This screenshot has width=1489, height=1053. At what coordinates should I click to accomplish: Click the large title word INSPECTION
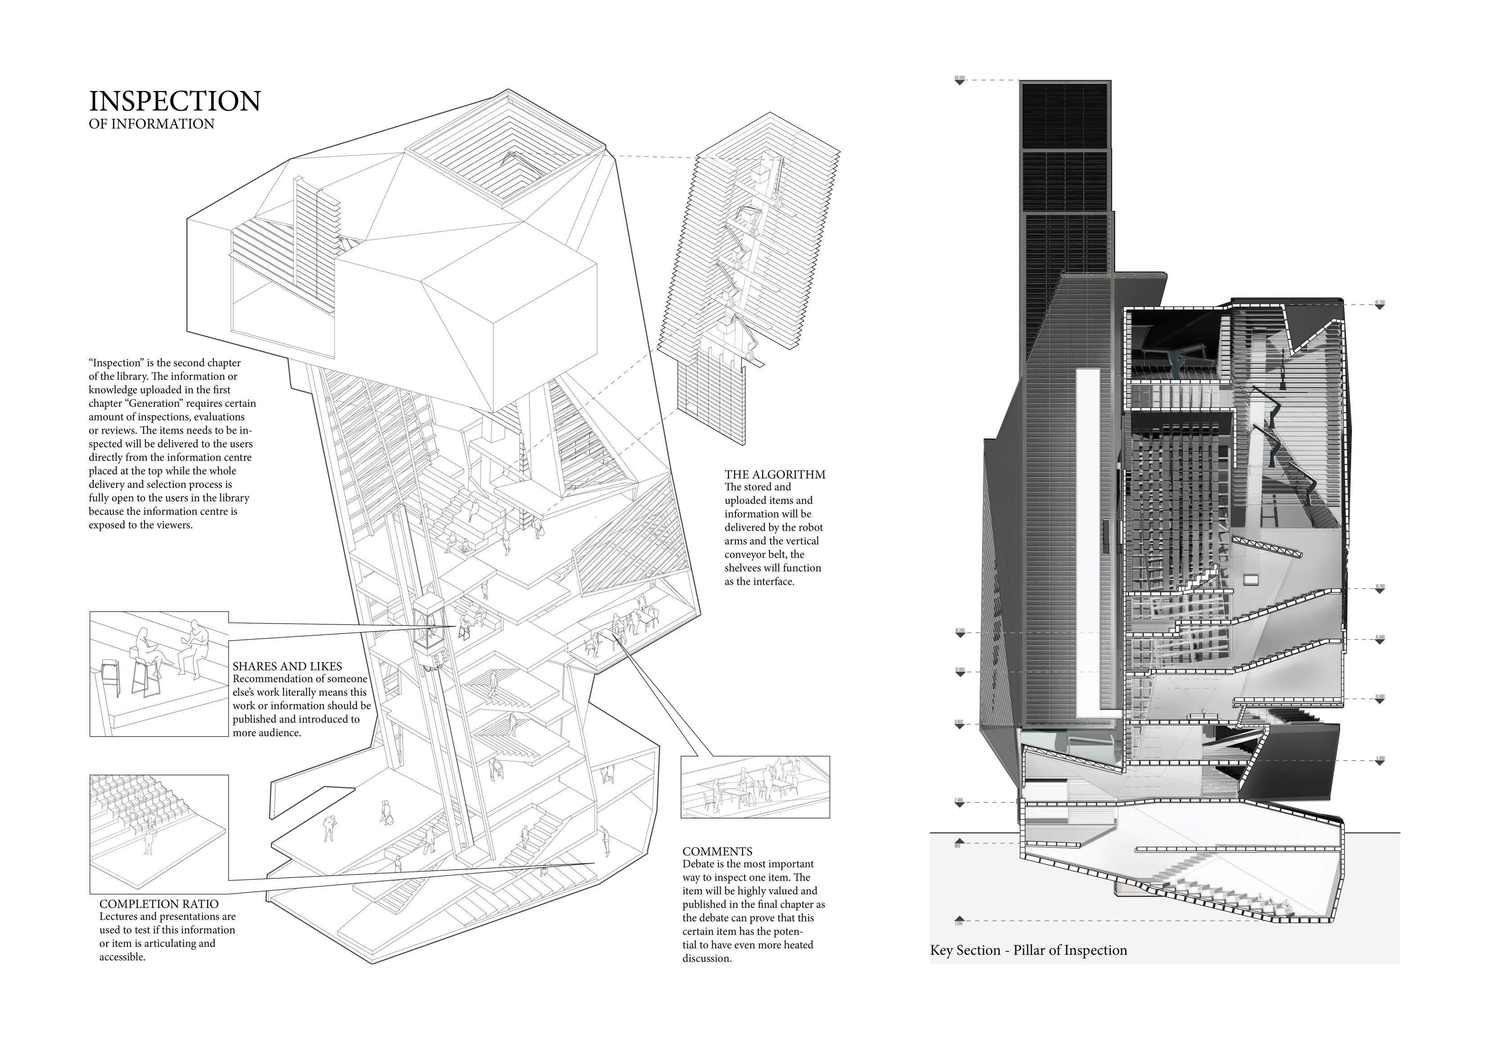coord(175,102)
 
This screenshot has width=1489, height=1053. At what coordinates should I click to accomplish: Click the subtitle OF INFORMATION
coord(151,124)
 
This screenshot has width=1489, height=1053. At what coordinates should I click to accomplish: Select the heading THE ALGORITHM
coord(775,474)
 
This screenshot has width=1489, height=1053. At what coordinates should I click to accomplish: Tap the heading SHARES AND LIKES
coord(287,666)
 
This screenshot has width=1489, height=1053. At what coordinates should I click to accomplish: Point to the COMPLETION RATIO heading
coord(159,904)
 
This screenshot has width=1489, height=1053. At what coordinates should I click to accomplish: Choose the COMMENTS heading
coord(717,851)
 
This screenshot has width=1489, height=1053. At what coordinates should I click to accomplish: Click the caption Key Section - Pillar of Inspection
coord(1029,950)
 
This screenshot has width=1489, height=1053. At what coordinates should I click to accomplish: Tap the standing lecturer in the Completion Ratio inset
coord(149,841)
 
